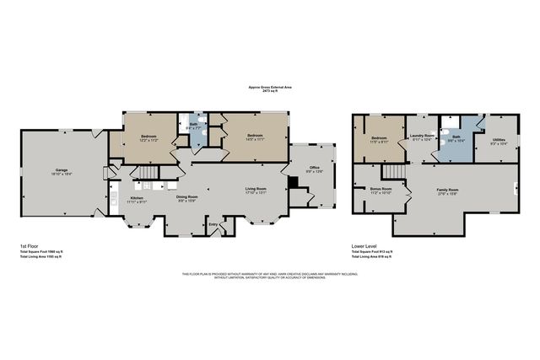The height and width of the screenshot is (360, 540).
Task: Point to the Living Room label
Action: pos(256,190)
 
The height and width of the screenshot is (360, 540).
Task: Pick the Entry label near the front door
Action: pos(213,223)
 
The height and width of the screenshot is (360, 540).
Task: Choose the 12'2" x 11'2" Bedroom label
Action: pos(148,137)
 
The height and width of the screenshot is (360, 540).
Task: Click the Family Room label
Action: pos(447,191)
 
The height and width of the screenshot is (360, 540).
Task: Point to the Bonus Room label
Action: pos(381,190)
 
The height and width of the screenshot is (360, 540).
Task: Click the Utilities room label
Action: pos(499,141)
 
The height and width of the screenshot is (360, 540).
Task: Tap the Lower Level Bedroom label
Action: pos(378,139)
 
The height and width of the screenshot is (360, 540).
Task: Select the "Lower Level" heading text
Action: pos(364,245)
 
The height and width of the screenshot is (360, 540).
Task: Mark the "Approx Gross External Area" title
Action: pos(270,87)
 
